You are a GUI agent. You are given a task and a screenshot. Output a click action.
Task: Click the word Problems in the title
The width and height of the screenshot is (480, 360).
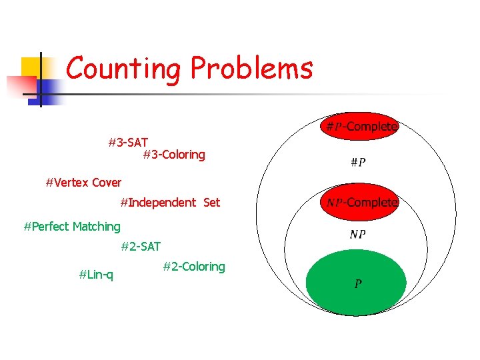(x=251, y=68)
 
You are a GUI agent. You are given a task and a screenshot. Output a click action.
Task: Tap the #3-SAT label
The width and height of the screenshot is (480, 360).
(x=128, y=142)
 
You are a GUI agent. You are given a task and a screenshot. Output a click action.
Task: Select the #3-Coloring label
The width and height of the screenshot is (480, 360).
(x=174, y=155)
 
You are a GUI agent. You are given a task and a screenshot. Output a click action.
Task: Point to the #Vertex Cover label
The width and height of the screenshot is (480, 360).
(x=83, y=182)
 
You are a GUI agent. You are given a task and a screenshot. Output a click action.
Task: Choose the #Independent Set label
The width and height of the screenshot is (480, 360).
(x=170, y=202)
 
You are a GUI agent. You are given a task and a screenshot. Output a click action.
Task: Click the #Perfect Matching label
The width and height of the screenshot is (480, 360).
(x=72, y=227)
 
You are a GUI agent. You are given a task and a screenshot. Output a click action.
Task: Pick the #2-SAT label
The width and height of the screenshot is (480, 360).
(x=141, y=247)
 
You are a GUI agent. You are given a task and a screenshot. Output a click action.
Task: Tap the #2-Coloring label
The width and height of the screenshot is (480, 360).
(x=194, y=267)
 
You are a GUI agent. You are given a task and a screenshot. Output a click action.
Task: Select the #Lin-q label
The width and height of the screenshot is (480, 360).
(x=96, y=274)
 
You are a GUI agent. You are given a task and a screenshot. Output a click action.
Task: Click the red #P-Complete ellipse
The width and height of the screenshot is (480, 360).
(x=361, y=126)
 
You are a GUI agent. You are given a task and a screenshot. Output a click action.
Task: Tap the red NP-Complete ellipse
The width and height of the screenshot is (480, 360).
(x=361, y=201)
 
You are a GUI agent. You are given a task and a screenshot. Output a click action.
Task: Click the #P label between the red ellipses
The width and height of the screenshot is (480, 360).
(x=357, y=162)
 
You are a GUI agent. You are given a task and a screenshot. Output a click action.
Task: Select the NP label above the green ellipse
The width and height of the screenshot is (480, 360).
(x=357, y=234)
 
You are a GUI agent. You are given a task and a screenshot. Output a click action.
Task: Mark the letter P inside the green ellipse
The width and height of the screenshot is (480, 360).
(x=358, y=285)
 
